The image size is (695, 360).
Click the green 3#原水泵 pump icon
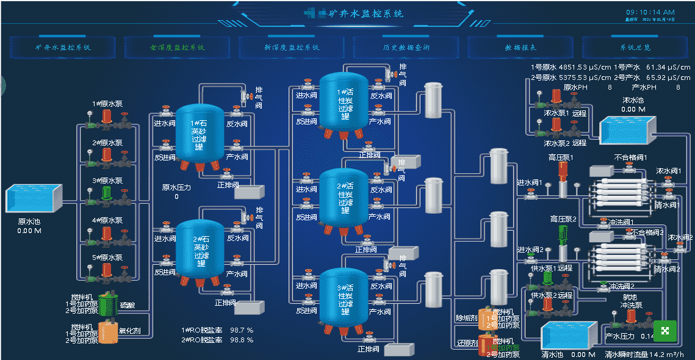tap(107, 194)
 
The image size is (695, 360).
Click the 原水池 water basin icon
tap(34, 199)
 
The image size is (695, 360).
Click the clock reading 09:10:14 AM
tap(650, 12)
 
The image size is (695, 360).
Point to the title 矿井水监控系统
tap(366, 13)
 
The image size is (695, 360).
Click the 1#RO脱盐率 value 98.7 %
tap(242, 330)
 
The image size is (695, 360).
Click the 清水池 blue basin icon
tap(564, 336)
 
